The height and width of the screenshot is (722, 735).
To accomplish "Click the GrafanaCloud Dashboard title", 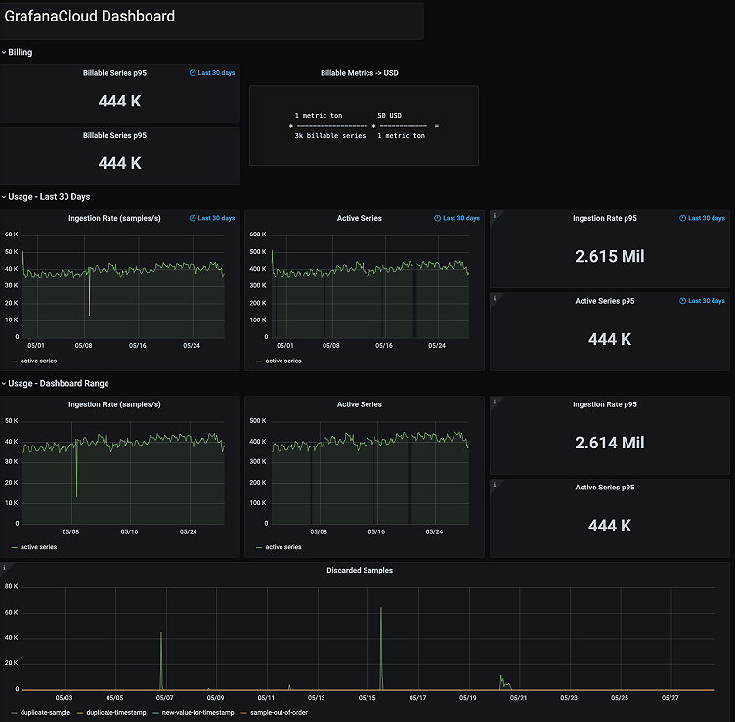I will click(90, 17).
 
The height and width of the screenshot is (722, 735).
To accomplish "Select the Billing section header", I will click(20, 52).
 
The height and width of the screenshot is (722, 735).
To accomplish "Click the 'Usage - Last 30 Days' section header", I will click(49, 196).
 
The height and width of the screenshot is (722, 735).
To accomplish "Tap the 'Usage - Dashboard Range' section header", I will click(58, 383).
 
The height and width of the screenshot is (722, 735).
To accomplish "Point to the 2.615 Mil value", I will click(609, 256).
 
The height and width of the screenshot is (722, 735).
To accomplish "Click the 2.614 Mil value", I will click(609, 443).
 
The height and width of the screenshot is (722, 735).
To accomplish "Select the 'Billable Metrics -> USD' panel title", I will click(359, 73).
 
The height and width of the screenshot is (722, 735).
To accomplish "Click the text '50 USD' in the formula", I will click(389, 115).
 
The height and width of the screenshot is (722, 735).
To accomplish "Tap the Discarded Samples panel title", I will click(359, 570).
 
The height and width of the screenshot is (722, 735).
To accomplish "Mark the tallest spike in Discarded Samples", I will click(381, 609).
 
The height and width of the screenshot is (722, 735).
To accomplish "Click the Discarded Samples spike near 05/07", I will click(161, 634).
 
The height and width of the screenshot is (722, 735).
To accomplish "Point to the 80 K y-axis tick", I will click(12, 587).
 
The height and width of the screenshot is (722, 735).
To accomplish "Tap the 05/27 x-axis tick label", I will click(670, 698).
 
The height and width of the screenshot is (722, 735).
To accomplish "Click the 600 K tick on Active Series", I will click(259, 234).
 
